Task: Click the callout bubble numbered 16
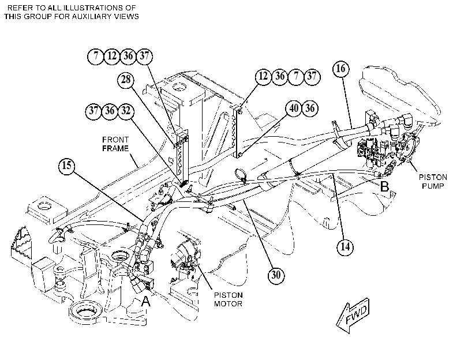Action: coord(341,69)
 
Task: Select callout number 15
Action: coord(67,165)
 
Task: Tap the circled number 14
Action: coord(345,247)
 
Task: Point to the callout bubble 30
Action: coord(276,275)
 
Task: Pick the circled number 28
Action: coord(126,80)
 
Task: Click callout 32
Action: coord(126,111)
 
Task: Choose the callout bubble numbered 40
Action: coord(294,108)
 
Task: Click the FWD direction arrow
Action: coord(353,315)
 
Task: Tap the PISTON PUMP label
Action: coord(433,182)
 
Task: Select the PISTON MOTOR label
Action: coord(229,299)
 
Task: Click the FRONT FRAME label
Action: coord(115,144)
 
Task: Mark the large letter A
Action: coord(145,302)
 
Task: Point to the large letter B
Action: coord(384,186)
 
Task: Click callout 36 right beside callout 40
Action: coord(310,108)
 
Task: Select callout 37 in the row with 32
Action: coord(93,111)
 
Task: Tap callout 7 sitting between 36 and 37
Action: coord(296,76)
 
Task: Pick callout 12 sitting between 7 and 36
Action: coord(112,56)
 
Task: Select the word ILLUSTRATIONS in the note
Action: coord(80,7)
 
